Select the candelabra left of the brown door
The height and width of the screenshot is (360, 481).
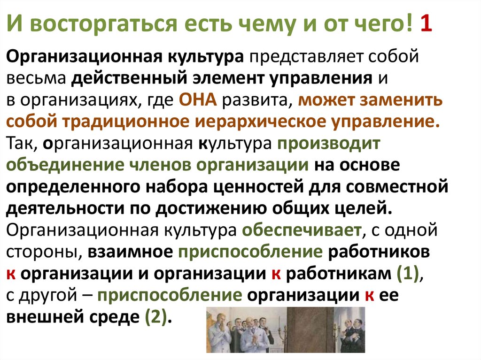[279, 331]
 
